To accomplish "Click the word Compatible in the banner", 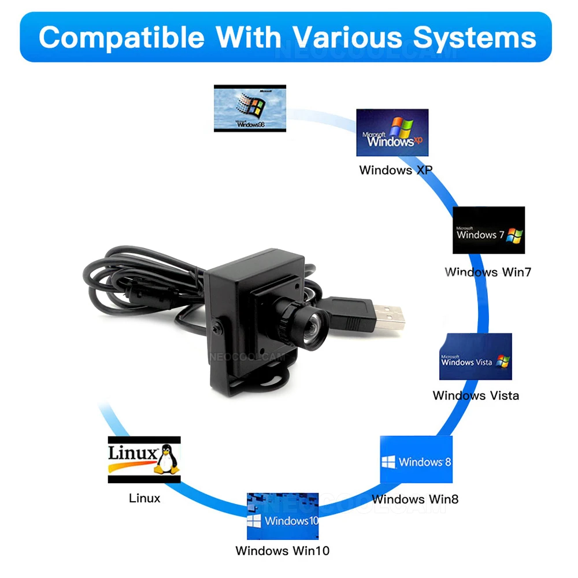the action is (x=121, y=38).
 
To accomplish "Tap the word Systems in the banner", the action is (x=475, y=38).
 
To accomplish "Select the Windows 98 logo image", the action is (x=250, y=109).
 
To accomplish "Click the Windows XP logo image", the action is (x=392, y=132).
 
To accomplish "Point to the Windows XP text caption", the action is (x=396, y=170).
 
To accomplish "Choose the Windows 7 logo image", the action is (x=489, y=230).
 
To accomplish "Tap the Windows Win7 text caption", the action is (x=488, y=272).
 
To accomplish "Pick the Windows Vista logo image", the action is (x=476, y=357).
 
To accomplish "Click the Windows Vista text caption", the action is (x=476, y=395).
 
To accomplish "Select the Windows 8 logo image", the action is (x=416, y=460).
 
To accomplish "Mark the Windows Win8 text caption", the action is (x=415, y=499).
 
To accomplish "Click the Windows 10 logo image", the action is (x=283, y=516).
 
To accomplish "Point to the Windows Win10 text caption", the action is (x=283, y=551).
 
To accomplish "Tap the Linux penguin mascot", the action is (x=166, y=460).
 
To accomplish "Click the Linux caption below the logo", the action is (x=144, y=498).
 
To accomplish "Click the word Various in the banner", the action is (x=347, y=38).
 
